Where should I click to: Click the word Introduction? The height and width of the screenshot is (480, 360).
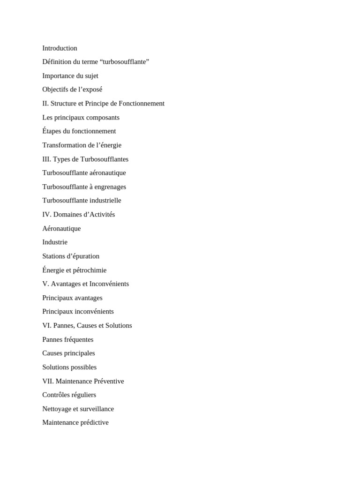(60, 48)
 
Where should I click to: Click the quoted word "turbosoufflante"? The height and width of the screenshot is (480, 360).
(124, 62)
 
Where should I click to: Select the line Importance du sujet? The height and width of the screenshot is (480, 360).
(70, 76)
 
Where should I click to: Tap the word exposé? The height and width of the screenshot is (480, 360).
(92, 90)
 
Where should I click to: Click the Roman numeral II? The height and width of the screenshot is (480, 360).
(45, 104)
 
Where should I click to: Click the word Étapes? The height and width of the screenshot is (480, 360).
(52, 131)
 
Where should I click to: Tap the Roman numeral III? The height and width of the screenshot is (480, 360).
(46, 159)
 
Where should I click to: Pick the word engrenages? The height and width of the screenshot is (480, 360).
(110, 187)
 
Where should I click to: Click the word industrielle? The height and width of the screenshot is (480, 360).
(105, 201)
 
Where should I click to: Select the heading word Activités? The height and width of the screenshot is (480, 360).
(101, 215)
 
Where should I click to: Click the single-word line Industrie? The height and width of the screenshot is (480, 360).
(55, 242)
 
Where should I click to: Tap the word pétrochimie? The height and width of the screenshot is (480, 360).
(90, 270)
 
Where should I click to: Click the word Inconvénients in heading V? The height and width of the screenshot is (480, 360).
(109, 284)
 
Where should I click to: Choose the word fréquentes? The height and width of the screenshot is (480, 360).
(79, 340)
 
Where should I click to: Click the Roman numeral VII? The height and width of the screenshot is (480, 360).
(48, 382)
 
